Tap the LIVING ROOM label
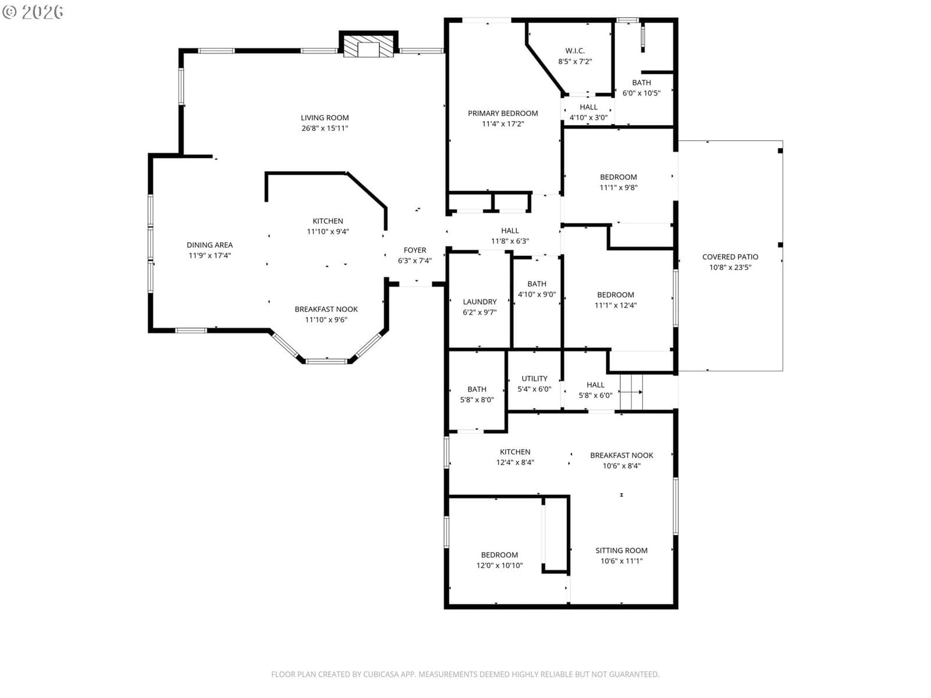tap(325, 118)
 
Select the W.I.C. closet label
tap(575, 51)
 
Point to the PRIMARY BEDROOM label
tap(503, 113)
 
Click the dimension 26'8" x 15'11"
tap(325, 129)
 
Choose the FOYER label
tap(415, 250)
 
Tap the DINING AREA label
tap(209, 245)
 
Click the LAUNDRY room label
tap(479, 302)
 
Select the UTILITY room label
tap(534, 379)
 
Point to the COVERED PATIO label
tap(730, 257)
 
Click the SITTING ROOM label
tap(621, 550)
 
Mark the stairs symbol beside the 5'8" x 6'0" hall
tap(631, 392)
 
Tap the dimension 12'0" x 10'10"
tap(500, 565)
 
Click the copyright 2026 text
tap(33, 12)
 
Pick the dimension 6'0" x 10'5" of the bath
tap(641, 93)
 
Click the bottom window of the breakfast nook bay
tap(326, 361)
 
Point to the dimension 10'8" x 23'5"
tap(730, 268)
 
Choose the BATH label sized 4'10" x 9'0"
tap(536, 284)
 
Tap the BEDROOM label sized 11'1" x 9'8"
tap(619, 177)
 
